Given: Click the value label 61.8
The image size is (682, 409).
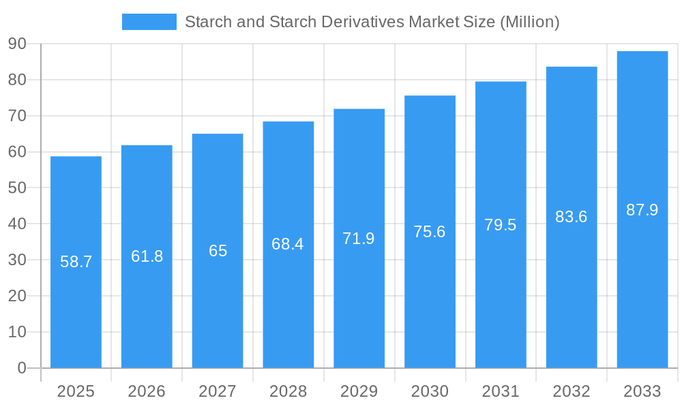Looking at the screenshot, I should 147,256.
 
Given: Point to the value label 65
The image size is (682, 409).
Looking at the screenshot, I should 218,251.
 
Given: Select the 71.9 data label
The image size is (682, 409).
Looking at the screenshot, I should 359,239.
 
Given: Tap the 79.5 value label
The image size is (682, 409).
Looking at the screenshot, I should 501,225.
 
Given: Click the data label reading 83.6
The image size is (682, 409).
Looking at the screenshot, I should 572,217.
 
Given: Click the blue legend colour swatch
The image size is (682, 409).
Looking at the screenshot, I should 149,22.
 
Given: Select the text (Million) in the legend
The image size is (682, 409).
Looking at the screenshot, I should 529,22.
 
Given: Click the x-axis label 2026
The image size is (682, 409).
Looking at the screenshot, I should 147,391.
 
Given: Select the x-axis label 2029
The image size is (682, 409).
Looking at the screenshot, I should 359,391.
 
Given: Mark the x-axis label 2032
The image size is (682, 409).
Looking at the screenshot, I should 572,391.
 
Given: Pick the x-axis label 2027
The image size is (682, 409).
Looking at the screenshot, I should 218,391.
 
